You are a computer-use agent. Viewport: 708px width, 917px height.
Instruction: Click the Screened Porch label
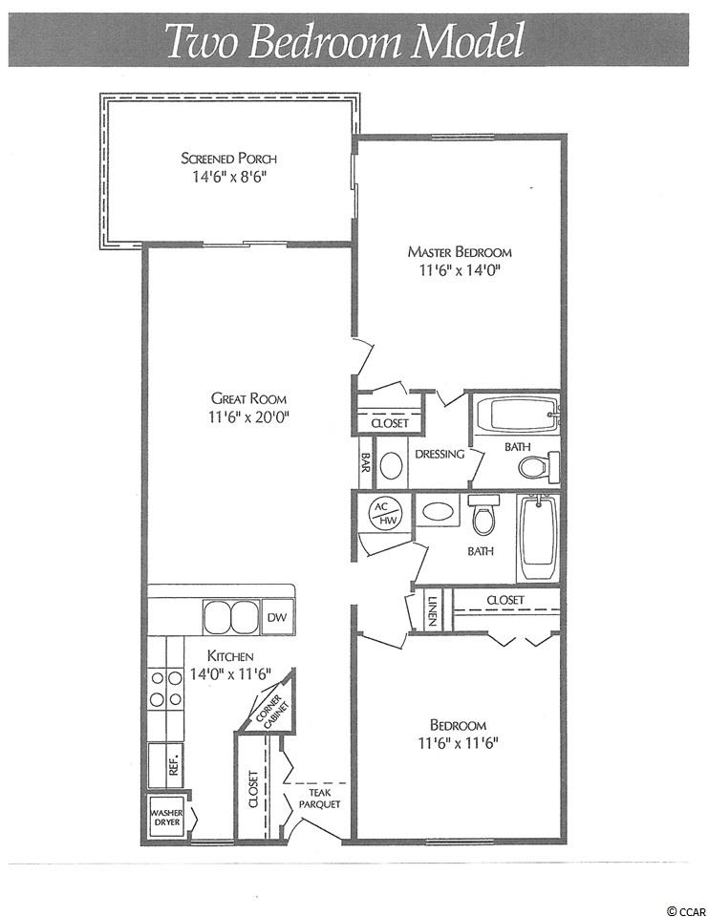[x=228, y=159]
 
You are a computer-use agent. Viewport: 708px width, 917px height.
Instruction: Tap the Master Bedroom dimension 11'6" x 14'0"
[x=460, y=270]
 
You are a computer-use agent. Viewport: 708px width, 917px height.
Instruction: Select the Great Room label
[x=248, y=399]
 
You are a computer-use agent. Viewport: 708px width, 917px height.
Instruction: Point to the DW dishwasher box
[x=277, y=617]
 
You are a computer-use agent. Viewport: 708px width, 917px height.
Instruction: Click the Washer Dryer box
[x=167, y=817]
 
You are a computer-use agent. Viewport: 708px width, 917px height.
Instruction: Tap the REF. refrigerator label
[x=173, y=763]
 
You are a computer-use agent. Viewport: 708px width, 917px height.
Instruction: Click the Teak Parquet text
[x=319, y=799]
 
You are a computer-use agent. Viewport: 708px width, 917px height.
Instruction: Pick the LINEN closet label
[x=433, y=611]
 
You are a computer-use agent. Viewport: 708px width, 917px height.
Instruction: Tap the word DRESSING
[x=440, y=454]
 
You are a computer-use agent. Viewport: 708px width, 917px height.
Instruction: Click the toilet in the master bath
[x=538, y=466]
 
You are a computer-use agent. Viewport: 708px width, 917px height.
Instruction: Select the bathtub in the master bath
[x=517, y=415]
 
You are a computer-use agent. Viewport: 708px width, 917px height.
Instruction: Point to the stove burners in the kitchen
[x=166, y=689]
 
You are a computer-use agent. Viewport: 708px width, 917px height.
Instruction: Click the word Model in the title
[x=466, y=41]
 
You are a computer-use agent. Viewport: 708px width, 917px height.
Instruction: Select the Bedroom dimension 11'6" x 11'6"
[x=459, y=743]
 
